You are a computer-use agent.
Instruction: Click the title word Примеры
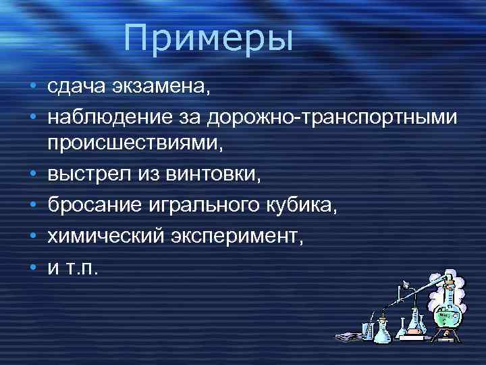point(209,39)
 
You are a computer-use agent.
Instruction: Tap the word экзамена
point(157,87)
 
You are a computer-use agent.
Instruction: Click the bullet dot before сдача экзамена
point(33,87)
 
